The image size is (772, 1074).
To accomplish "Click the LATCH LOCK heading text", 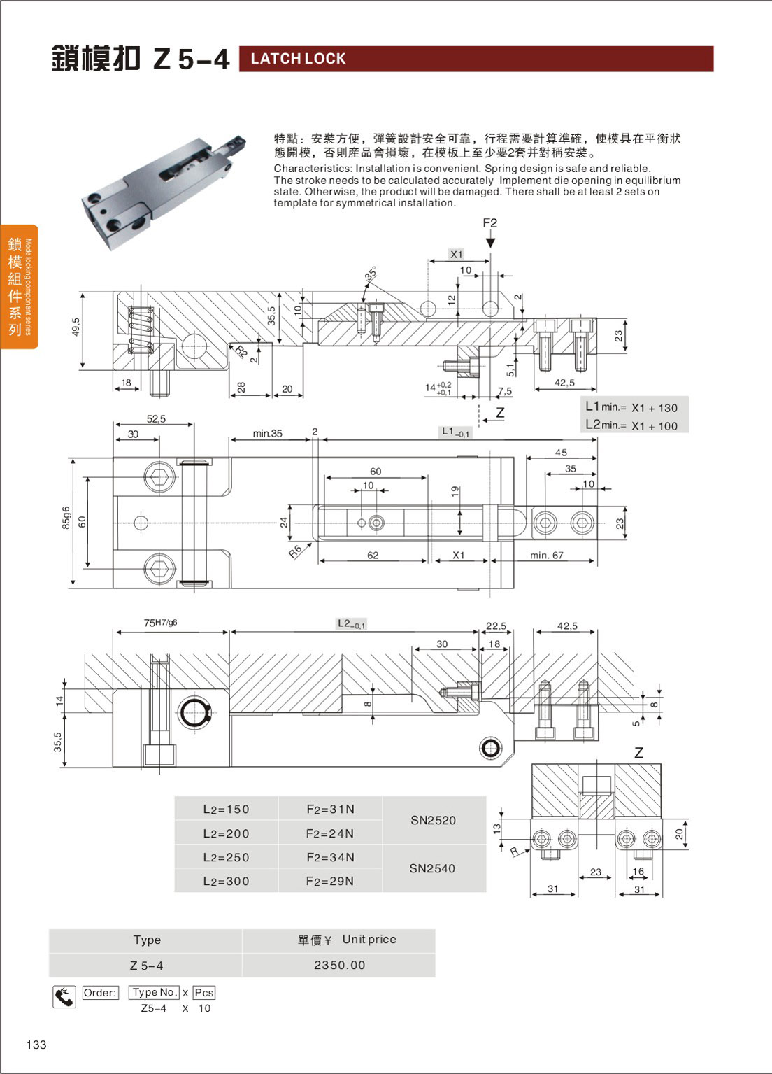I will pos(299,59).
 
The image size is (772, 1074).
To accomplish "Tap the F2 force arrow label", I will pos(489,223).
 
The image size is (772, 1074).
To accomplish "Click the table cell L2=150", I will pos(226,810).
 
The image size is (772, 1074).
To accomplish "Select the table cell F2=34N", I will pos(330,857).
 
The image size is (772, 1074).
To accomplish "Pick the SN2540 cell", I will pos(432,868).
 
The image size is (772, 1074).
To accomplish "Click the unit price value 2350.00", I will pos(339,965).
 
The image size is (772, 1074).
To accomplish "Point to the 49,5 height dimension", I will pos(76,327).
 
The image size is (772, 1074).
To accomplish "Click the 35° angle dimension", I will pos(371,274).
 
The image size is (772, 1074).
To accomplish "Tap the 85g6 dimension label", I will pos(66,518).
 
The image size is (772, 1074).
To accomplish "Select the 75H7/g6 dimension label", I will pos(160,622).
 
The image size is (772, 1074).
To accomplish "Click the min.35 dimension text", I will pos(267,434).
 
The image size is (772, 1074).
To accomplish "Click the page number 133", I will pos(36,1045).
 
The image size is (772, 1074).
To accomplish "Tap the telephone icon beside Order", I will pos(64,996).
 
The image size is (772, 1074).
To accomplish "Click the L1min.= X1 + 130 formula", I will pos(631,407).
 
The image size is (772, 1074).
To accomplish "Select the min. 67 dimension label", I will pos(546,556).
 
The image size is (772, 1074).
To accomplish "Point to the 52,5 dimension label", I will pos(156,419).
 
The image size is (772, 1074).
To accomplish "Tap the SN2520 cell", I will pos(433,820).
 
